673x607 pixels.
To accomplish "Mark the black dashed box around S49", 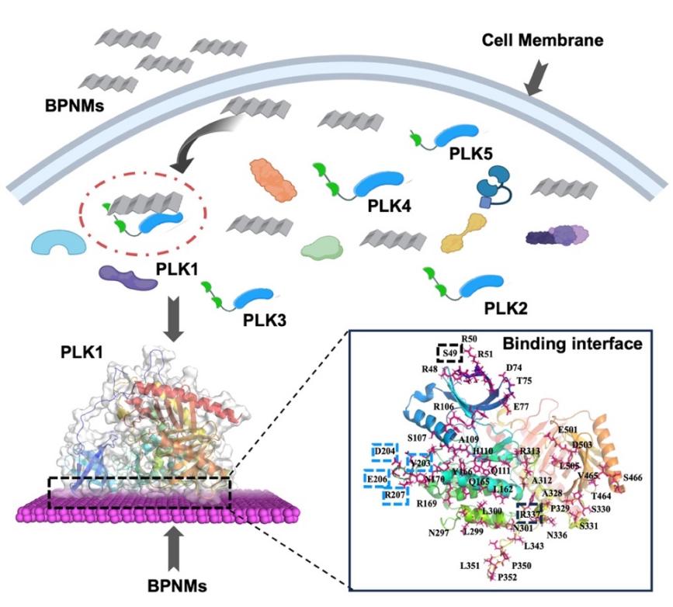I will (x=448, y=354).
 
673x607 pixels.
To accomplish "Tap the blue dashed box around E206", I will (x=379, y=477).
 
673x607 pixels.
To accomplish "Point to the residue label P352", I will (x=508, y=598).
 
